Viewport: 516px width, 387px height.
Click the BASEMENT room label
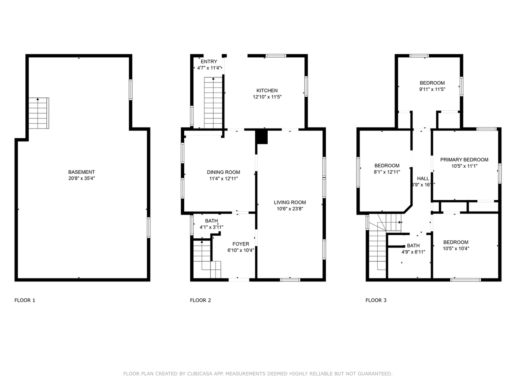[x=81, y=172]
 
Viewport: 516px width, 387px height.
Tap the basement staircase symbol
[x=39, y=113]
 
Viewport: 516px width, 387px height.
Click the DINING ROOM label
[x=223, y=172]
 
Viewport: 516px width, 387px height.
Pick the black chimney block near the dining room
[x=262, y=137]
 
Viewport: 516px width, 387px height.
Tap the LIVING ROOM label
[x=289, y=202]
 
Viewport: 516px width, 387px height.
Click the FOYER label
[x=241, y=244]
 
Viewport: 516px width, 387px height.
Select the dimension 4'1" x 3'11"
[x=211, y=227]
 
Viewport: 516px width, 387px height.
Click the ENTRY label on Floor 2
[x=209, y=62]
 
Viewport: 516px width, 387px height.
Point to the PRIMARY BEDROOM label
[x=464, y=160]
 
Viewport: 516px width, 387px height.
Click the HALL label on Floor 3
[x=423, y=179]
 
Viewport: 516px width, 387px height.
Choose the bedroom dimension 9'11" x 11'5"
[x=432, y=89]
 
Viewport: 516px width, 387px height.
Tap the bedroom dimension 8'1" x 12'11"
[x=387, y=172]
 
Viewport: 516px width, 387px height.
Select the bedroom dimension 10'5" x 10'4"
[x=456, y=248]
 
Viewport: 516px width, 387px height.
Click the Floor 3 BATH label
[x=413, y=246]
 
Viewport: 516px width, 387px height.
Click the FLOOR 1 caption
[x=25, y=300]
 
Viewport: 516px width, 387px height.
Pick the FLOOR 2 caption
[x=200, y=300]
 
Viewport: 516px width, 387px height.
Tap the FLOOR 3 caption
[x=376, y=300]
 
